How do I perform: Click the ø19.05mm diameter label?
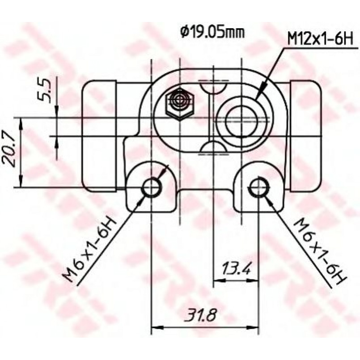pyautogui.click(x=212, y=33)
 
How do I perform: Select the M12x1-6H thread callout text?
pyautogui.click(x=320, y=40)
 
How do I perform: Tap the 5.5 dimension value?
pyautogui.click(x=44, y=90)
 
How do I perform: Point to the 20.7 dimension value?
pyautogui.click(x=9, y=149)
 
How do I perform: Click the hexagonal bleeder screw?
pyautogui.click(x=180, y=104)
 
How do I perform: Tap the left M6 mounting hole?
pyautogui.click(x=152, y=187)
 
